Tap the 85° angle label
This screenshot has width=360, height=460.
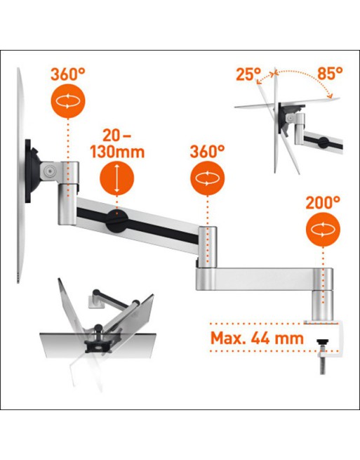pyautogui.click(x=330, y=73)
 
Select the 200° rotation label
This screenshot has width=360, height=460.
pyautogui.click(x=323, y=202)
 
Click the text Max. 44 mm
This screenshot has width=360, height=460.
pyautogui.click(x=257, y=339)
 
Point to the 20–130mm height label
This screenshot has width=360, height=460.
pyautogui.click(x=117, y=144)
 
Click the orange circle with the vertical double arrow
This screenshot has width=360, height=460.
pyautogui.click(x=117, y=178)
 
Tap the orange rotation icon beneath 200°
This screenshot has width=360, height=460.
pyautogui.click(x=323, y=230)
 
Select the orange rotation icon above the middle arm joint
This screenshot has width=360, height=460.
pyautogui.click(x=208, y=178)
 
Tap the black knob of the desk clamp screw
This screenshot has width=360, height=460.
pyautogui.click(x=323, y=342)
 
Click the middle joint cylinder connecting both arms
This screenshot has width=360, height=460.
pyautogui.click(x=208, y=247)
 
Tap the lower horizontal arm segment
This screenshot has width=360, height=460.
pyautogui.click(x=265, y=279)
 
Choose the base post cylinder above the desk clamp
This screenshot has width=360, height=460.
pyautogui.click(x=323, y=305)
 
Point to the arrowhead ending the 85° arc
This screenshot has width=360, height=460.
pyautogui.click(x=331, y=96)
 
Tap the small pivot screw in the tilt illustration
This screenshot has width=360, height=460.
pyautogui.click(x=290, y=118)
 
